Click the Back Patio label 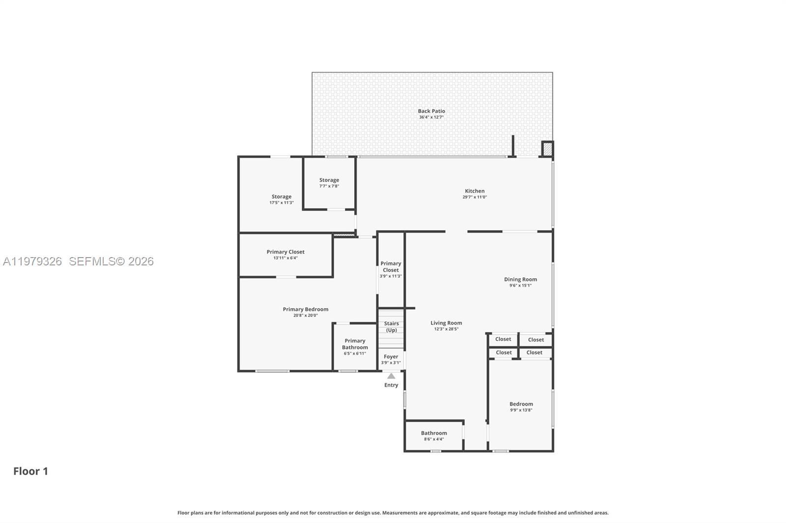(431, 111)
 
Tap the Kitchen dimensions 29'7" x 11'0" (475, 197)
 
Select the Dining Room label (520, 279)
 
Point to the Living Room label (446, 323)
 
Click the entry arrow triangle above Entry (391, 376)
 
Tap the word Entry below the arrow (391, 385)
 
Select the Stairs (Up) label (392, 327)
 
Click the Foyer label (391, 357)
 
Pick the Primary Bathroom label (355, 344)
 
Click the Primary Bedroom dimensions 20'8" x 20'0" (306, 315)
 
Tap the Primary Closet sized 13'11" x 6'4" (285, 254)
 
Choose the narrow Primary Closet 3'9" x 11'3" (391, 269)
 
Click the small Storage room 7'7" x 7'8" (329, 183)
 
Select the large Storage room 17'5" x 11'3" (281, 199)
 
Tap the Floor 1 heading (30, 471)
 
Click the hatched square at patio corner (547, 149)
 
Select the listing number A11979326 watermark (32, 261)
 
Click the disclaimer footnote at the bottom (393, 513)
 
